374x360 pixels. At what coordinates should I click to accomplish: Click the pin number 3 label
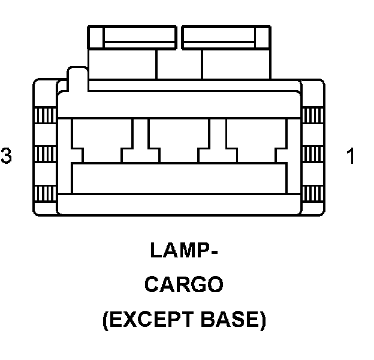click(6, 156)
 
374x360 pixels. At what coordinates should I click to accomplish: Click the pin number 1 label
click(351, 156)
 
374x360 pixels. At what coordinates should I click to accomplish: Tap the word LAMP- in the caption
click(183, 250)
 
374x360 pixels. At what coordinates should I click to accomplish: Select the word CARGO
click(183, 284)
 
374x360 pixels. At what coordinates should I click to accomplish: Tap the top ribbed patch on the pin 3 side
click(46, 115)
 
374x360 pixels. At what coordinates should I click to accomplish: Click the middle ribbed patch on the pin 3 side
click(46, 154)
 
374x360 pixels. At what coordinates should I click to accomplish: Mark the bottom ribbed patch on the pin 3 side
click(46, 194)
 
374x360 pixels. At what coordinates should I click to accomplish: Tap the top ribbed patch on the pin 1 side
click(311, 115)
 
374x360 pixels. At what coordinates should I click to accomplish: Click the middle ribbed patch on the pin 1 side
click(311, 154)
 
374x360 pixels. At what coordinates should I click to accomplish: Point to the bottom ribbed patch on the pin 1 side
click(311, 194)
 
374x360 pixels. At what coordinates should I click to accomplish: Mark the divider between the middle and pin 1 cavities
click(218, 135)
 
